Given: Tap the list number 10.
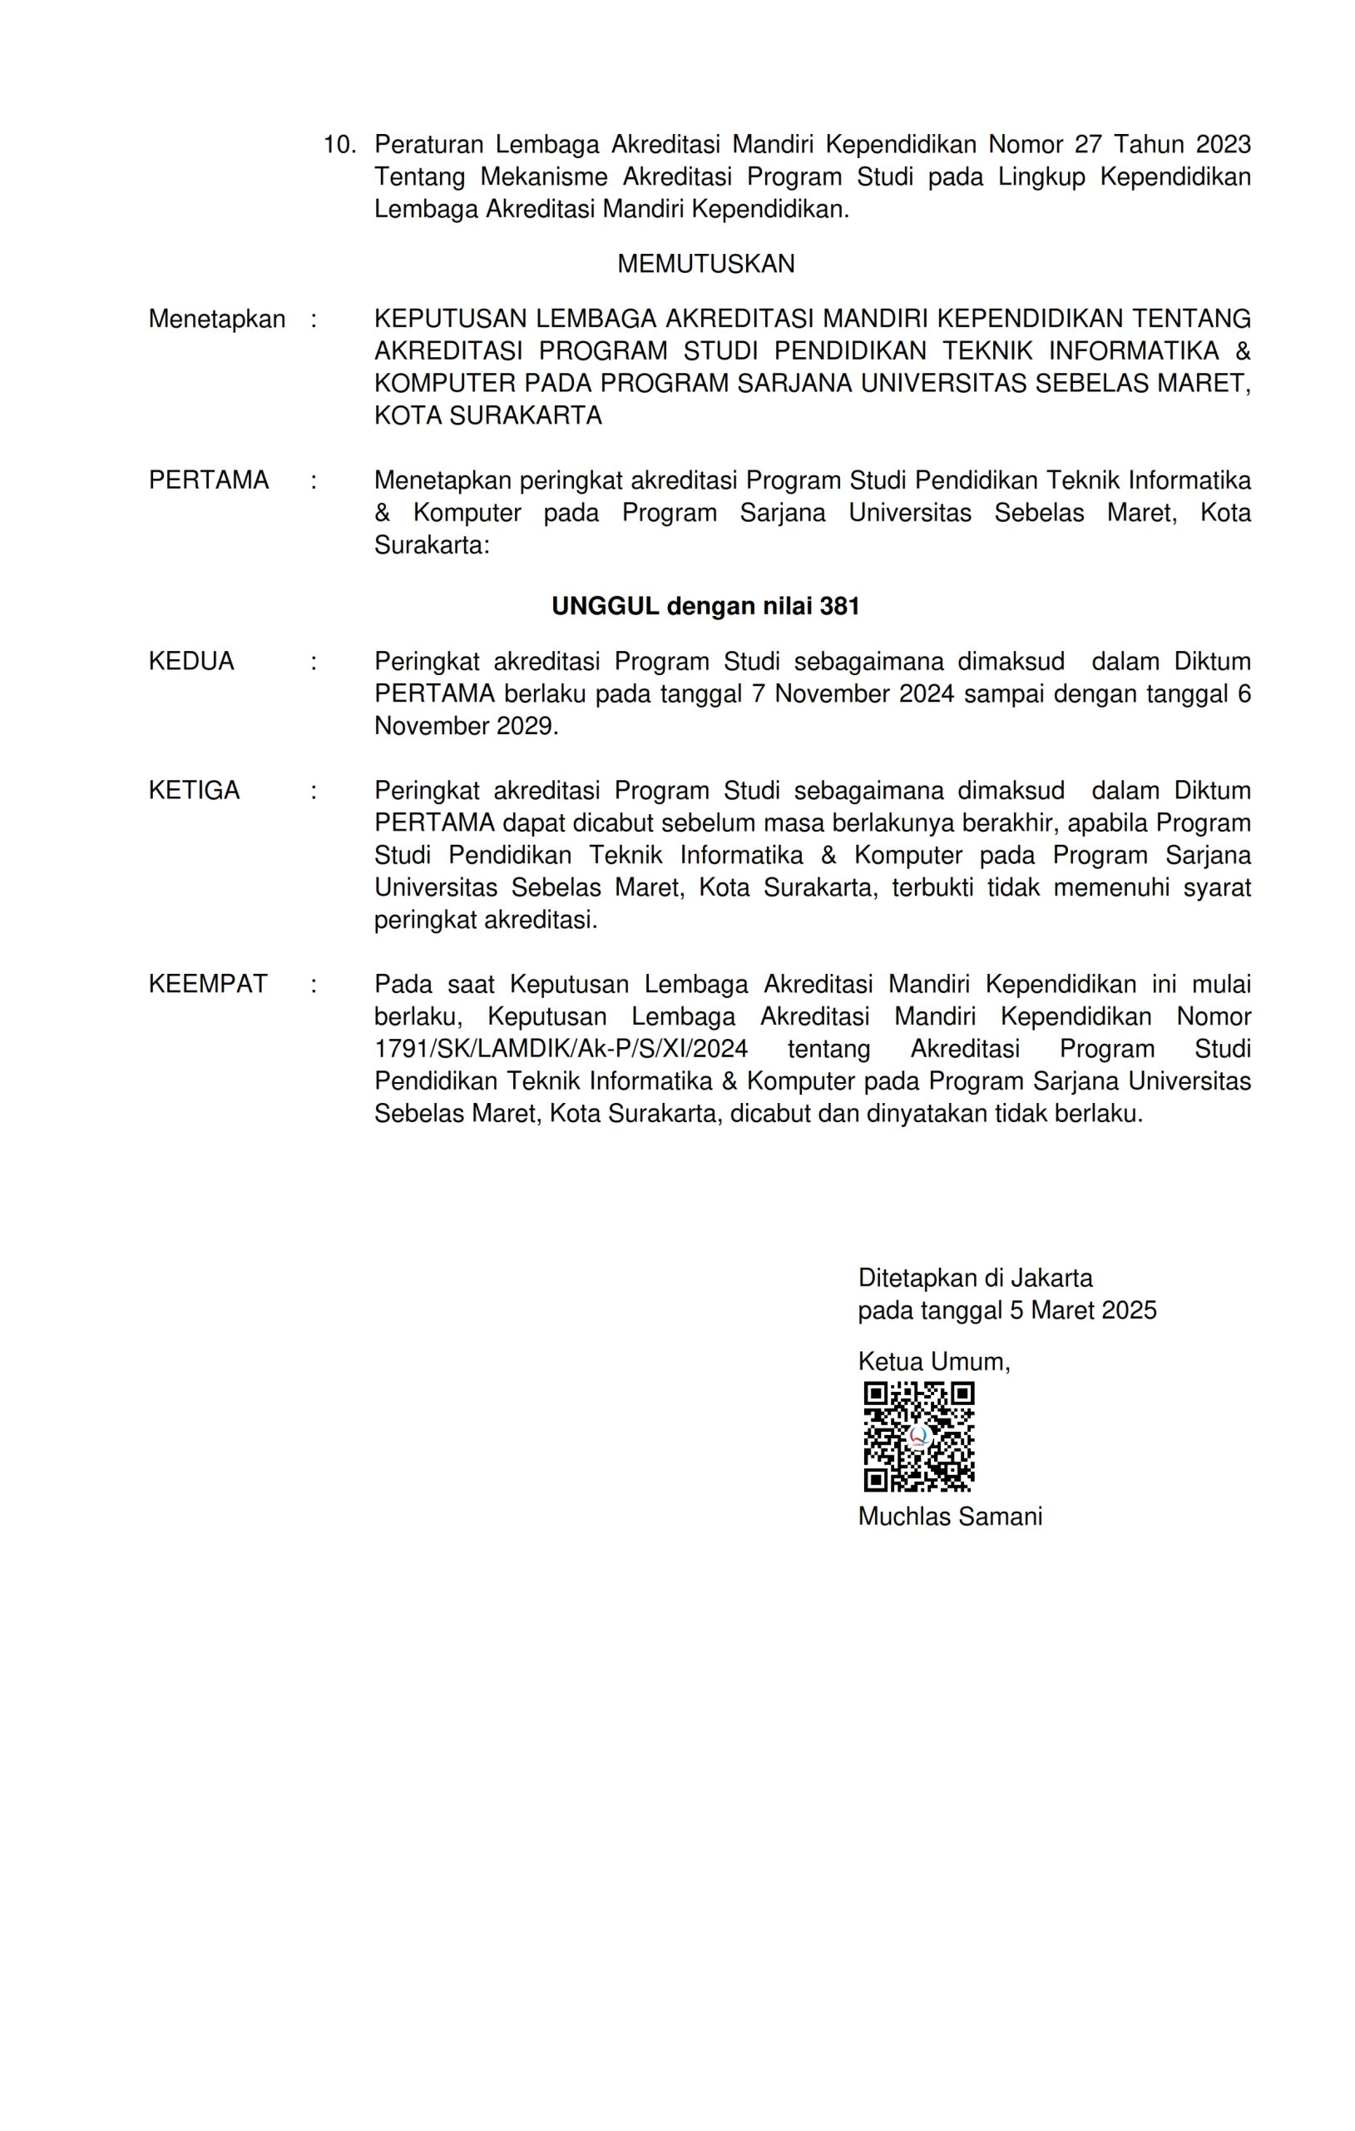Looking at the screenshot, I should coord(339,144).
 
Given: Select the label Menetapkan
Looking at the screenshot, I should coord(217,319).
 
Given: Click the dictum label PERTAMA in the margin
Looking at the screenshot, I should coord(209,480).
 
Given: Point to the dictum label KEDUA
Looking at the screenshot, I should coord(191,661).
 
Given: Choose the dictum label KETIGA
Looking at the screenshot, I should coord(194,790).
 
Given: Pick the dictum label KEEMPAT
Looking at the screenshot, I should coord(208,984).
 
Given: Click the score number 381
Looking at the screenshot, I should coord(839,606).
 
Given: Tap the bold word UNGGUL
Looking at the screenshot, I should coord(605,606).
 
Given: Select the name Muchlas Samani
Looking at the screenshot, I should coord(950,1516).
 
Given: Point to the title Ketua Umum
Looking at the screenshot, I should coord(933,1361).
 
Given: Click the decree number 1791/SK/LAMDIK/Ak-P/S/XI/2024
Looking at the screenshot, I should coord(561,1049).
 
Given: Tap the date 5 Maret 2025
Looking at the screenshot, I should coord(1082,1309).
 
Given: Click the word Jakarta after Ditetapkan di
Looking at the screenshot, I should coord(1051,1278).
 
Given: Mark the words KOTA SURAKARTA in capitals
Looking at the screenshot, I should coord(487,415).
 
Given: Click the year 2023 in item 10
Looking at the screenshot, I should coord(1224,144).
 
